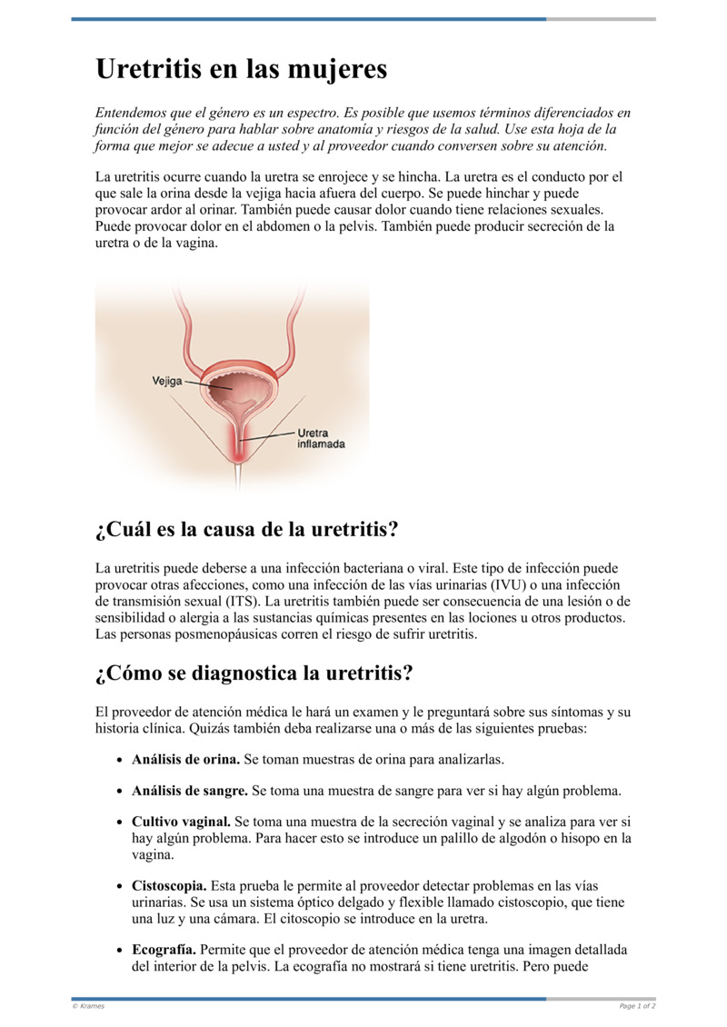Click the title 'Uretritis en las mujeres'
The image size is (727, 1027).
241,69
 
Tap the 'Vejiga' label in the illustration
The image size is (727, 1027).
166,382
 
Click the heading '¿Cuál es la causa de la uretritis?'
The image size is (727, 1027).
246,529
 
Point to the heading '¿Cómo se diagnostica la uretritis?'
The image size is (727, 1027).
254,673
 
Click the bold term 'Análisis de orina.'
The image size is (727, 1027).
185,759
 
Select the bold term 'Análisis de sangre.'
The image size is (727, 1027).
190,791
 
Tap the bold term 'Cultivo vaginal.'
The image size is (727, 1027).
181,823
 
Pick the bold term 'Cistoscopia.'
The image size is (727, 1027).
169,885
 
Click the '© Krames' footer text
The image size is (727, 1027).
88,1006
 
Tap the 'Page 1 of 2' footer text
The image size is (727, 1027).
637,1006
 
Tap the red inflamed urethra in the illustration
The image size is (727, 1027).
240,447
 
